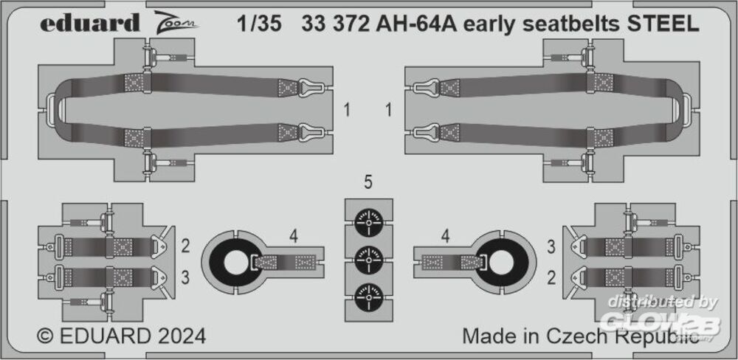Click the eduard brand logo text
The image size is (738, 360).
pyautogui.click(x=89, y=23)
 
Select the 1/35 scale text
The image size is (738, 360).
pyautogui.click(x=259, y=24)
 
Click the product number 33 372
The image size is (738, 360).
pyautogui.click(x=335, y=24)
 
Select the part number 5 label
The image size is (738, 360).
pyautogui.click(x=368, y=183)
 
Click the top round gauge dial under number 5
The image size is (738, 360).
pyautogui.click(x=368, y=222)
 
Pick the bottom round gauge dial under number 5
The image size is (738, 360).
pyautogui.click(x=368, y=297)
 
